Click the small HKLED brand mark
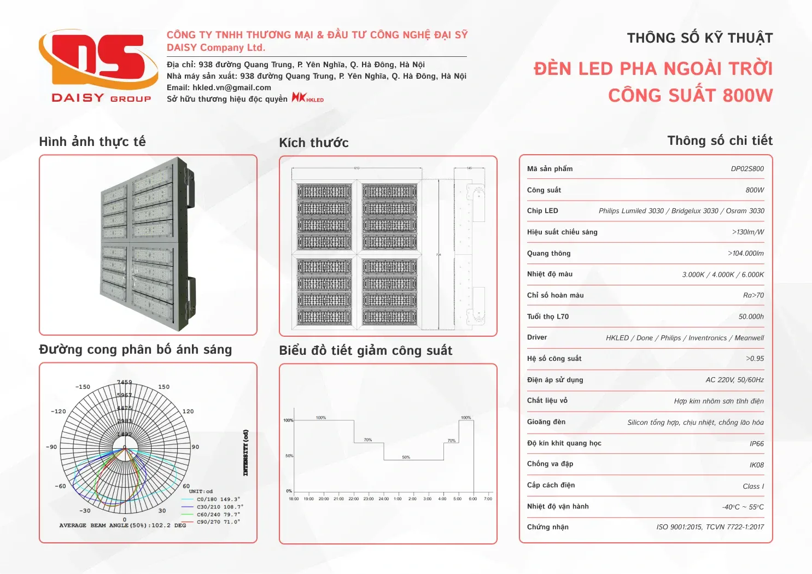307,98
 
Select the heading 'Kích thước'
314,143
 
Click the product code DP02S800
747,169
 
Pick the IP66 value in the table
756,444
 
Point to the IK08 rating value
756,465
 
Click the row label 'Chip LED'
542,211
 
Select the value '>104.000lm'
745,254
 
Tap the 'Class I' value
753,487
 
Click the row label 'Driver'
537,338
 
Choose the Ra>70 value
753,296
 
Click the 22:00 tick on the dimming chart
354,499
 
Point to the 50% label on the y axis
289,456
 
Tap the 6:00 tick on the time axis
473,499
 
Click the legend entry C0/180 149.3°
218,499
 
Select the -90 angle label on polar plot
51,447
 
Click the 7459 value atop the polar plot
124,382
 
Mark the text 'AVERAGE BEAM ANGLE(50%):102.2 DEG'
122,525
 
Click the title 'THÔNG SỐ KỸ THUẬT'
699,38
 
